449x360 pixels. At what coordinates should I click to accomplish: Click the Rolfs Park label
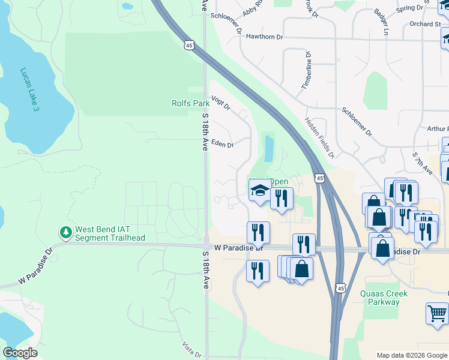click(x=190, y=104)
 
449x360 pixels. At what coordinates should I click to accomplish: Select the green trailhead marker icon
click(x=65, y=232)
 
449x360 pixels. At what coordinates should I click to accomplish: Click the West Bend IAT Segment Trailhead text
click(x=110, y=234)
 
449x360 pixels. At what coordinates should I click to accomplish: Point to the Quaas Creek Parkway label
click(x=384, y=298)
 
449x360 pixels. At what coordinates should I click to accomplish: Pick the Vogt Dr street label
click(x=221, y=103)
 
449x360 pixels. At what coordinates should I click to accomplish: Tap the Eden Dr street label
click(x=222, y=144)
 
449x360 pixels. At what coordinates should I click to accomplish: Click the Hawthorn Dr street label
click(x=264, y=37)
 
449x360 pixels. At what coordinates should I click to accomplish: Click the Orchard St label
click(x=426, y=25)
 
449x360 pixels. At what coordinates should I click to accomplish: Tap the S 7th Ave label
click(x=423, y=163)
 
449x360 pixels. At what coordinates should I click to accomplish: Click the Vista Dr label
click(x=192, y=350)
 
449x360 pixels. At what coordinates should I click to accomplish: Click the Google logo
click(x=20, y=353)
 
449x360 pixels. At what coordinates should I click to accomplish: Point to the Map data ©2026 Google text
click(x=411, y=355)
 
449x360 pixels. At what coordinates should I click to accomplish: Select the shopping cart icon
click(x=437, y=313)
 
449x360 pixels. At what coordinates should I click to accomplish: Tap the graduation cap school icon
click(x=259, y=191)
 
